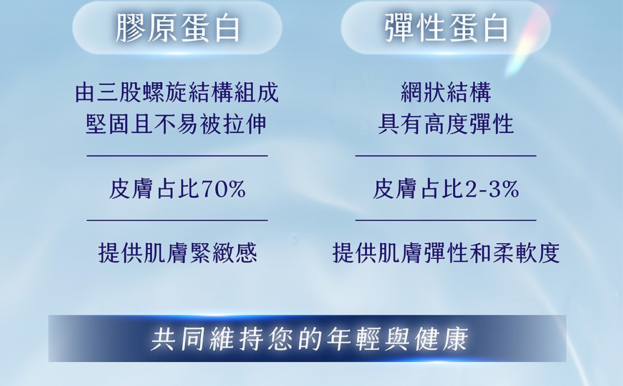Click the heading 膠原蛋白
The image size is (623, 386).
[177, 28]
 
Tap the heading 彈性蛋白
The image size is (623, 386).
[447, 28]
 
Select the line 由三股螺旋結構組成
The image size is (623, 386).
[177, 92]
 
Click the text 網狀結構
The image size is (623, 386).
[446, 92]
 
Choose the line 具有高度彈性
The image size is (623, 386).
[446, 124]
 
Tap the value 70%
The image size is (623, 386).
[224, 189]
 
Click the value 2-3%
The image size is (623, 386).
[492, 189]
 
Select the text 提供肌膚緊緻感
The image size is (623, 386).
[178, 253]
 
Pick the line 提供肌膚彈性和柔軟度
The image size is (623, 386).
[446, 253]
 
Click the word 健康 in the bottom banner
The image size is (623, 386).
[442, 339]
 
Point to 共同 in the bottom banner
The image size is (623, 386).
[178, 339]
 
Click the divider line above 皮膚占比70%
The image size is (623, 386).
[177, 156]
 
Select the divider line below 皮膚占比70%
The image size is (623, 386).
[177, 220]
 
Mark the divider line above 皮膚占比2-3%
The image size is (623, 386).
[446, 156]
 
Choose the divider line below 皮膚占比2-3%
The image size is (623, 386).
[446, 220]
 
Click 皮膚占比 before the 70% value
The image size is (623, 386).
[154, 189]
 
